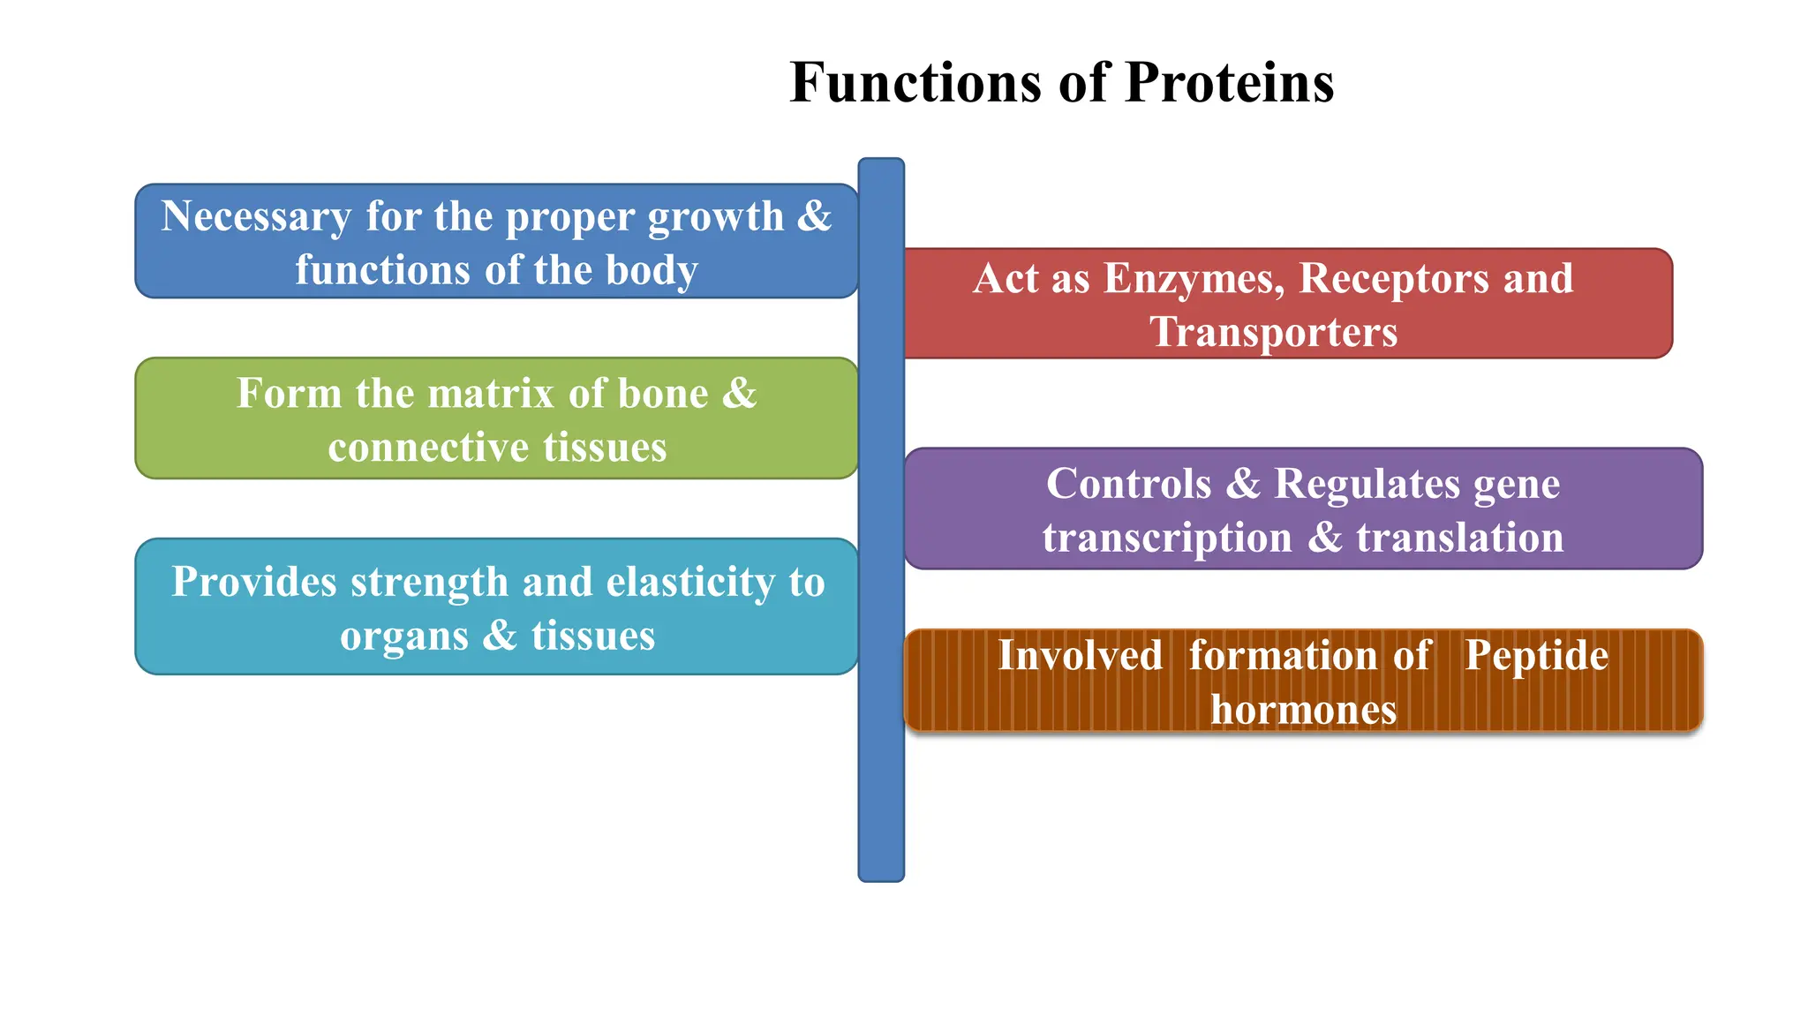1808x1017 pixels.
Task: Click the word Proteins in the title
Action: pyautogui.click(x=1230, y=83)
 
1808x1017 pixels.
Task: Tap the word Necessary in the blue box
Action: pyautogui.click(x=256, y=217)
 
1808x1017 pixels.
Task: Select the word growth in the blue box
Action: pyautogui.click(x=715, y=217)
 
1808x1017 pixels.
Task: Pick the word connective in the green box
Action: pyautogui.click(x=427, y=448)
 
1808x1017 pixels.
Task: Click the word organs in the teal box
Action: pyautogui.click(x=403, y=637)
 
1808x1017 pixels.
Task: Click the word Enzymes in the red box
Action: pyautogui.click(x=1194, y=279)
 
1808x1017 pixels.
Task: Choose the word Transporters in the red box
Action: pyautogui.click(x=1273, y=333)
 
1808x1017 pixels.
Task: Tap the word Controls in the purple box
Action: pyautogui.click(x=1128, y=485)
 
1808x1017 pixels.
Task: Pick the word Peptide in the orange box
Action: pyautogui.click(x=1536, y=656)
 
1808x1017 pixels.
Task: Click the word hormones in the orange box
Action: pyautogui.click(x=1303, y=710)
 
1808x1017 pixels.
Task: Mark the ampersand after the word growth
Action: pyautogui.click(x=814, y=217)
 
